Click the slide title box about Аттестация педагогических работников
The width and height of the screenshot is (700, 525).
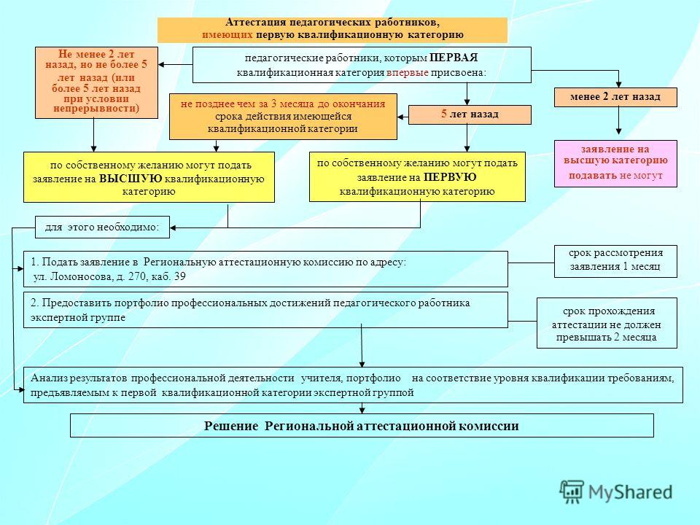(332, 30)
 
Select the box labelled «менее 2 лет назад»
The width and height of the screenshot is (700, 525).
(615, 97)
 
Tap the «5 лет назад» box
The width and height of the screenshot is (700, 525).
(470, 114)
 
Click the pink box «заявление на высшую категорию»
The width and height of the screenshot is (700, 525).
(615, 163)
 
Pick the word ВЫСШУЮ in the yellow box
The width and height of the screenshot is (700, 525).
(131, 179)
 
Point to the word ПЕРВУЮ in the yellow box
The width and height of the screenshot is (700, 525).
(450, 177)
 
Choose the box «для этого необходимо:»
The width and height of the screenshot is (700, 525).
(102, 227)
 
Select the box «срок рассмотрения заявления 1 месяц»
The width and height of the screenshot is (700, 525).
(615, 261)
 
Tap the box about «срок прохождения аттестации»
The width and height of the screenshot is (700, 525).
(607, 323)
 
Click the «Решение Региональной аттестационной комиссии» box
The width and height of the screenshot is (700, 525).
(362, 425)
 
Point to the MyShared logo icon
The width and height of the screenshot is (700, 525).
(572, 492)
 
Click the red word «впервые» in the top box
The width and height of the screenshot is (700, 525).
(407, 73)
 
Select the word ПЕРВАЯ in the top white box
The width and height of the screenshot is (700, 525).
(454, 58)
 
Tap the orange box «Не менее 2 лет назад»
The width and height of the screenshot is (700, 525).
(96, 82)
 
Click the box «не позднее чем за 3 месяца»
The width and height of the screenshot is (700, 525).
(283, 117)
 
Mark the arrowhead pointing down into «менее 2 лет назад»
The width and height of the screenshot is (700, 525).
(619, 85)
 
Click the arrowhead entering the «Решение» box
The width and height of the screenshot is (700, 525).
(362, 411)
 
